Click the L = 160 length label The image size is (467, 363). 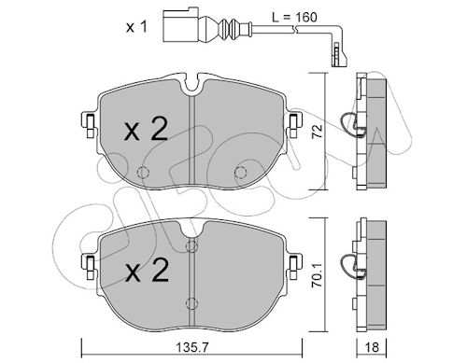(x=294, y=18)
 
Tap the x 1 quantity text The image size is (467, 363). (x=136, y=27)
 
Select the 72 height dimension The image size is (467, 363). (x=318, y=131)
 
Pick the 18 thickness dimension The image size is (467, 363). (x=372, y=347)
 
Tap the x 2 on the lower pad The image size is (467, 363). (x=147, y=270)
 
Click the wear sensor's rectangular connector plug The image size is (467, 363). (x=180, y=26)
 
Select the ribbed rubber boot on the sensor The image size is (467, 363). (x=229, y=29)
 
